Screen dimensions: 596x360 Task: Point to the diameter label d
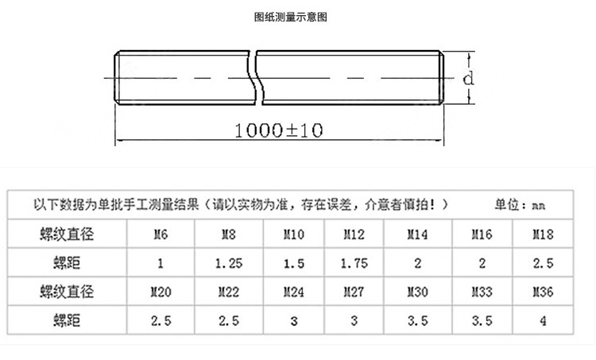click(469, 79)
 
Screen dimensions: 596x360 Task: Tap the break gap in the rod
click(256, 77)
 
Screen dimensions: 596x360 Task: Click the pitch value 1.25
click(229, 263)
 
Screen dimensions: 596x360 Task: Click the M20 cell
click(161, 292)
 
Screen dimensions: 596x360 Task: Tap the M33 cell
click(482, 292)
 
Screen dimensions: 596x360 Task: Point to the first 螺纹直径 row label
click(67, 234)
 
